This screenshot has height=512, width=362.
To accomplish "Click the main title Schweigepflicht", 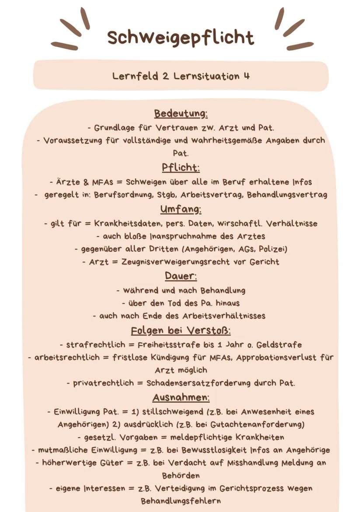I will pos(181,37).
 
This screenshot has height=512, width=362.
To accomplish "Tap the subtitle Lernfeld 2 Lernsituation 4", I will pos(181,76).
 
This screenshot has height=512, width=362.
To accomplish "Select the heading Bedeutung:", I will pos(181,114).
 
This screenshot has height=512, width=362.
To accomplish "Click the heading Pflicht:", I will pos(181,167).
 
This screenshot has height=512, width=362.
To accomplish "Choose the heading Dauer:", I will pos(181,276).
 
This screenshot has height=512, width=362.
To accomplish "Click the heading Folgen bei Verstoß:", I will pos(181,330).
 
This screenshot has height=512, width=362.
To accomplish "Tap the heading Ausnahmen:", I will pos(181,398).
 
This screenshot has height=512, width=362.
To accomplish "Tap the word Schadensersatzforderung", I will pos(196,383).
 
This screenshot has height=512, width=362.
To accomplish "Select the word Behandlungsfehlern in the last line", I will pos(181,501).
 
